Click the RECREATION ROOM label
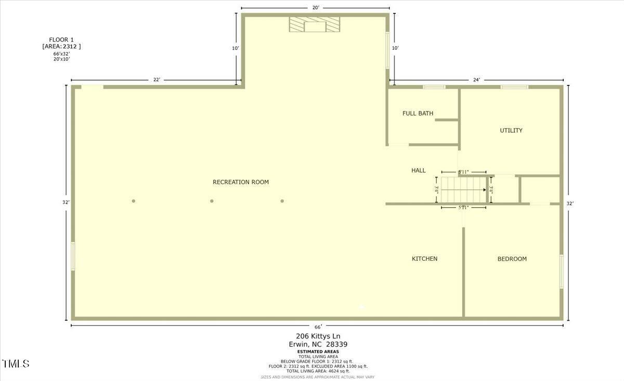tap(241, 182)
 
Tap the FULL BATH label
tap(418, 113)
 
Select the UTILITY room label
tap(511, 131)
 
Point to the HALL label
tap(419, 170)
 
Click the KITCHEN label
tap(424, 259)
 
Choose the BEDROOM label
tap(512, 259)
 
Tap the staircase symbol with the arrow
tap(462, 189)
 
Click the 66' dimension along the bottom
tap(318, 326)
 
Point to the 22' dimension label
tap(157, 80)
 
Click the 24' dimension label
tap(476, 80)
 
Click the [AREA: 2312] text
tap(61, 46)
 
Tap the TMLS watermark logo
tap(16, 363)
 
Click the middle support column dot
tap(212, 201)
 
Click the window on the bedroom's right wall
tap(561, 271)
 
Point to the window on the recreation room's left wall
tap(73, 256)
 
